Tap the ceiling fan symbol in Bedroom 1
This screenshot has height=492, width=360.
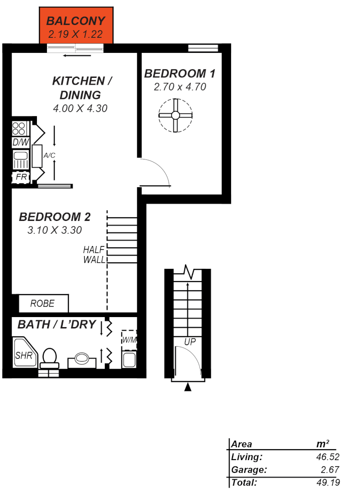tap(175, 115)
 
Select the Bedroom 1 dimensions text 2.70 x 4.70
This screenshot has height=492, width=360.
tap(180, 87)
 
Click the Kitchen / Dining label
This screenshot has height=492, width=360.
tap(82, 88)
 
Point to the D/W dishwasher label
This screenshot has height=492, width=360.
tap(21, 143)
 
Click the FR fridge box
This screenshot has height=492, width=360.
tap(21, 177)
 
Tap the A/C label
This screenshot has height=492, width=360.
tap(49, 156)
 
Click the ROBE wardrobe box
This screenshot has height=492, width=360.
tap(43, 303)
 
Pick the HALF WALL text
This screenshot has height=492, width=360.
tap(94, 255)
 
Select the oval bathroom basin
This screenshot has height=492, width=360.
tap(82, 358)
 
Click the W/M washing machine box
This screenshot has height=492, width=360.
tap(129, 340)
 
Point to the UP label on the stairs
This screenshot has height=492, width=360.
tap(190, 342)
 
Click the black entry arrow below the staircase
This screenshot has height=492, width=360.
tap(188, 387)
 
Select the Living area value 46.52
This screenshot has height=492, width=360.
tap(327, 457)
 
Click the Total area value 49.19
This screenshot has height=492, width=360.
tap(327, 482)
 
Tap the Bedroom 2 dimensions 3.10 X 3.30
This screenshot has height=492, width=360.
tap(55, 231)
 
